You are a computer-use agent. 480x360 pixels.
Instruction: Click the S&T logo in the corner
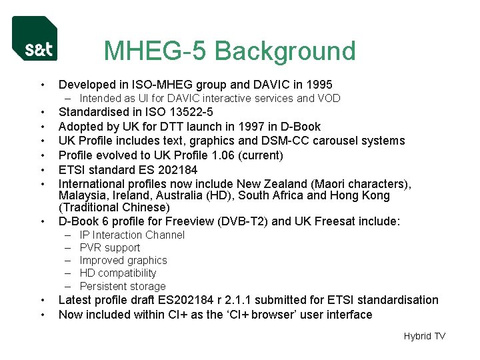tap(35, 39)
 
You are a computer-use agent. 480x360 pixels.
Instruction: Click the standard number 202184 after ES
tap(176, 169)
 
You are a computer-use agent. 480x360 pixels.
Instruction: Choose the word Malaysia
tap(83, 195)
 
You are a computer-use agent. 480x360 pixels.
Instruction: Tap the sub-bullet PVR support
tap(110, 248)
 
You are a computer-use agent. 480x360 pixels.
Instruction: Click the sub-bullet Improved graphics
tap(123, 261)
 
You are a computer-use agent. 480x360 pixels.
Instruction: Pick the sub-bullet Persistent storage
tap(123, 286)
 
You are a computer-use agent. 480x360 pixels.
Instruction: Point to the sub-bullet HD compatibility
tap(118, 273)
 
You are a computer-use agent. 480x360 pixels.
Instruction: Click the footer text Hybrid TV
tap(424, 336)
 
